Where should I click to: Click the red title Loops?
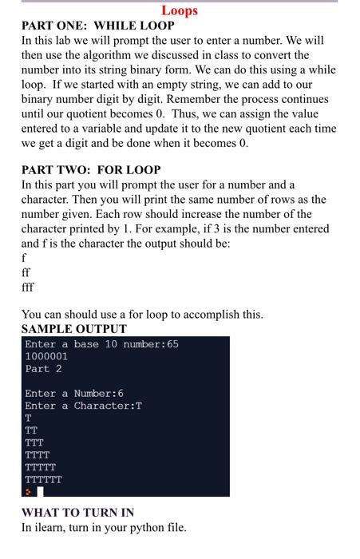pos(180,11)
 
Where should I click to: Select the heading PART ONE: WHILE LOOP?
pos(98,26)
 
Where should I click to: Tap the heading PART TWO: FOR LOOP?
pos(91,170)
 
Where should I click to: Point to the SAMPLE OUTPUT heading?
pos(73,329)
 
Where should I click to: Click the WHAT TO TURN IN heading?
pos(77,513)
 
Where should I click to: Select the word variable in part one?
pos(133,129)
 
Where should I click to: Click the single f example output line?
pos(24,258)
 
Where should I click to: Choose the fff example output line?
pos(29,287)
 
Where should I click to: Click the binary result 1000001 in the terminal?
pos(46,356)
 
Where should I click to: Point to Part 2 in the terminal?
pos(43,369)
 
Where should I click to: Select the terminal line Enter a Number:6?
pos(74,394)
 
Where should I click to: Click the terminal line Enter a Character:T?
pos(83,406)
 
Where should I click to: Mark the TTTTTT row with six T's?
pos(43,479)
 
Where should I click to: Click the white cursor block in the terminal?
pos(40,491)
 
